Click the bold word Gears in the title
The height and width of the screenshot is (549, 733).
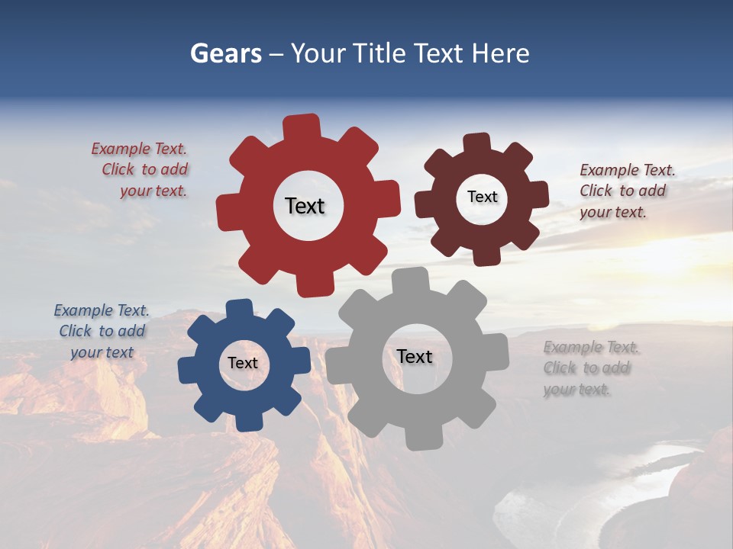pos(225,53)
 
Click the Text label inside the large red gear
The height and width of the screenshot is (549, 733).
pos(305,206)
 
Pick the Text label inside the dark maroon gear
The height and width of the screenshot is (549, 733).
pos(482,197)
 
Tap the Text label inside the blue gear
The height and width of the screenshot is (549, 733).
pos(243,363)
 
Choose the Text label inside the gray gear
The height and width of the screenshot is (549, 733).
pos(415,356)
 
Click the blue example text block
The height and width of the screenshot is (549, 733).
pos(102,332)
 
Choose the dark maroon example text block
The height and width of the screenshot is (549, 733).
pos(626,191)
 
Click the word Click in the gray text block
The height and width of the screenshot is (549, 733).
pos(560,368)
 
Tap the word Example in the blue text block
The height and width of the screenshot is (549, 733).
pos(83,310)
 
